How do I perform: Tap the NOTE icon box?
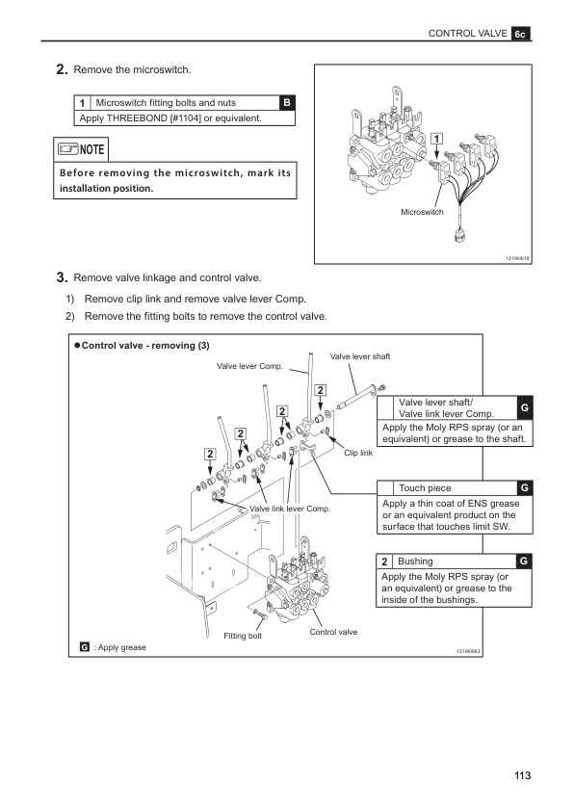pyautogui.click(x=81, y=149)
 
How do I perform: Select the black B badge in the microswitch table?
pyautogui.click(x=288, y=103)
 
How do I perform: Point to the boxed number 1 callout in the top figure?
pyautogui.click(x=436, y=139)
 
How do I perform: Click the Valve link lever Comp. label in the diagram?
pyautogui.click(x=289, y=508)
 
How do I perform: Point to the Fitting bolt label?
pyautogui.click(x=243, y=636)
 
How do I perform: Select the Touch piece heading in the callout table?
pyautogui.click(x=425, y=488)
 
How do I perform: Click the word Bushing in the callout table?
pyautogui.click(x=415, y=561)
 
